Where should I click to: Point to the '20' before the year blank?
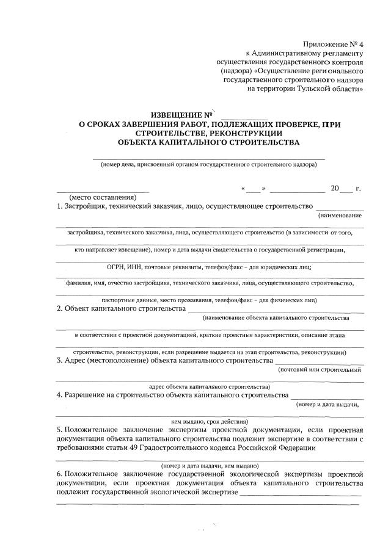pyautogui.click(x=335, y=188)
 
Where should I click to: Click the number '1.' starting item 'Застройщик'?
pyautogui.click(x=59, y=207)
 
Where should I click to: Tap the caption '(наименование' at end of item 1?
pyautogui.click(x=340, y=215)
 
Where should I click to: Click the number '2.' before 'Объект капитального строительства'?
pyautogui.click(x=59, y=308)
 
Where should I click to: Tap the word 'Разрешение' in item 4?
pyautogui.click(x=85, y=395)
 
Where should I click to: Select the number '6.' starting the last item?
pyautogui.click(x=59, y=474)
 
